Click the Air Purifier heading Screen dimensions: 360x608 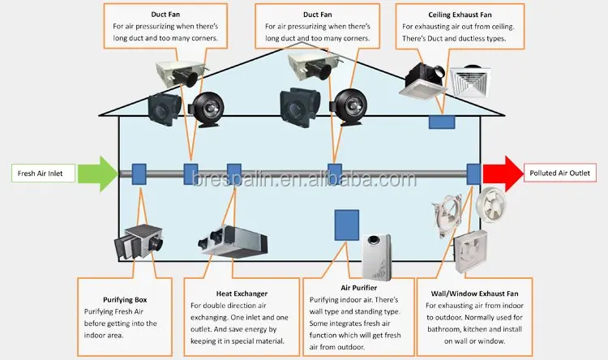coord(349,287)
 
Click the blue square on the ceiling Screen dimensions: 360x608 coord(442,121)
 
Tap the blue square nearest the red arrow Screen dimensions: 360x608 coord(473,173)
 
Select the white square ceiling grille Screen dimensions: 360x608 coord(473,84)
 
